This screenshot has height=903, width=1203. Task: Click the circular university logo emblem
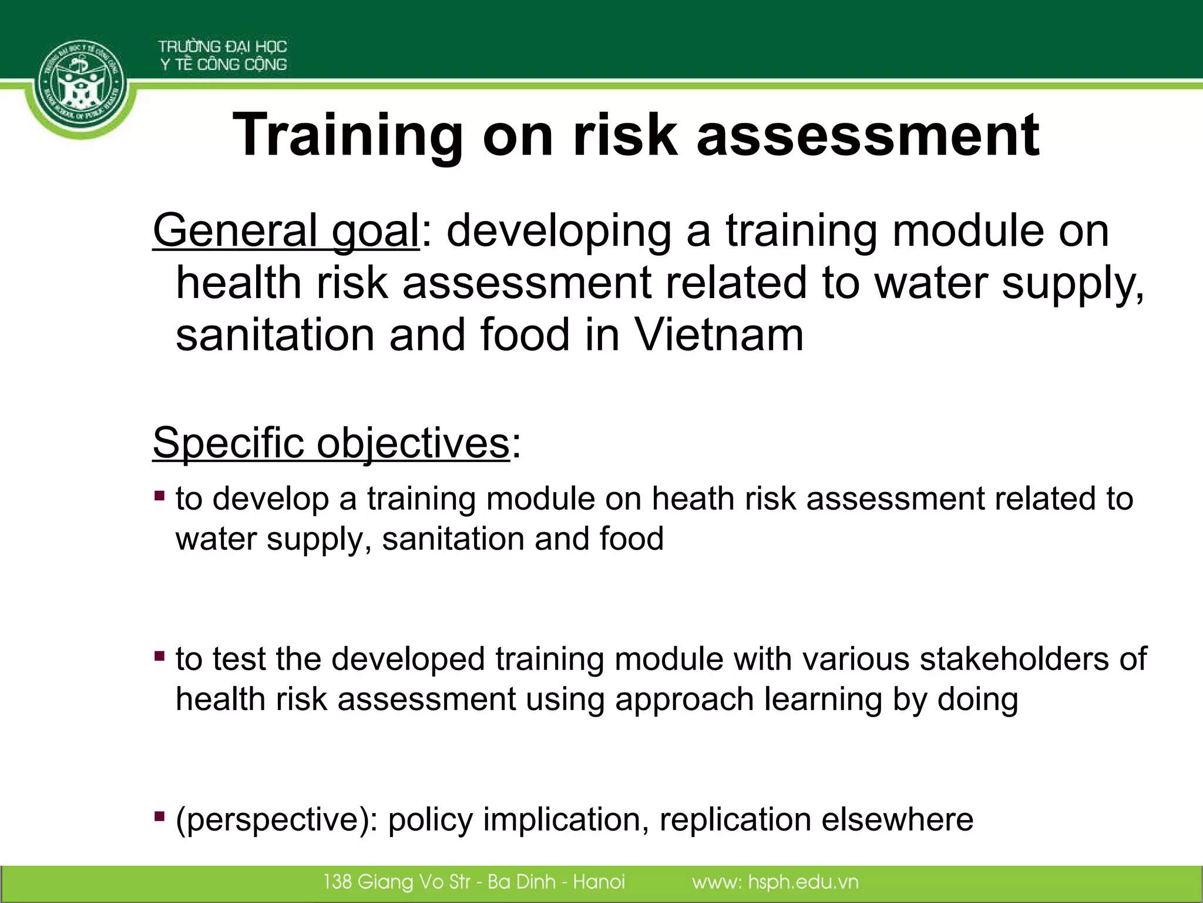(81, 88)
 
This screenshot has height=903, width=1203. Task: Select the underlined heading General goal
(286, 230)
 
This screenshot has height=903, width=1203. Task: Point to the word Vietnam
(719, 335)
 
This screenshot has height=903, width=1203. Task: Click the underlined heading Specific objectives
(331, 442)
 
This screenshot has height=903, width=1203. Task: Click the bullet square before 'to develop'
(159, 496)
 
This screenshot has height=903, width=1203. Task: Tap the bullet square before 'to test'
(159, 655)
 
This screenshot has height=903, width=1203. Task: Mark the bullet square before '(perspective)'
(159, 816)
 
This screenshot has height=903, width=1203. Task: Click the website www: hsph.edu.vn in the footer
(775, 882)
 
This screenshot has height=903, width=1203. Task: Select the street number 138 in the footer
(337, 882)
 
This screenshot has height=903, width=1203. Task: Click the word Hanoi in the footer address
(599, 882)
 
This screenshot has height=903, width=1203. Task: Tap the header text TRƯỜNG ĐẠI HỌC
(222, 46)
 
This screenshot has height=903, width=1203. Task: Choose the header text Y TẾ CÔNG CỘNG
(224, 65)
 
